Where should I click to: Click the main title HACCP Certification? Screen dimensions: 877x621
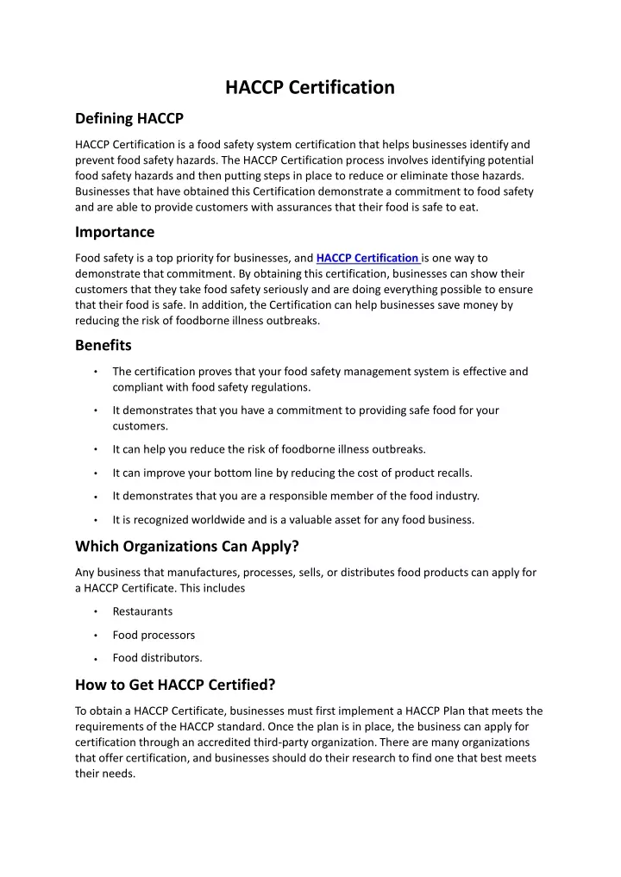310,87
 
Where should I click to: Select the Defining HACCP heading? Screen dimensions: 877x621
129,118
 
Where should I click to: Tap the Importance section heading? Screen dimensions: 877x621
115,231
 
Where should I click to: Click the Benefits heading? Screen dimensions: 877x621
103,345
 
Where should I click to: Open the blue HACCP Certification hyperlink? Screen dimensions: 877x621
368,258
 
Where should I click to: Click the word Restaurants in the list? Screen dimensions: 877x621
142,611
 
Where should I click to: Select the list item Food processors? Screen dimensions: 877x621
154,635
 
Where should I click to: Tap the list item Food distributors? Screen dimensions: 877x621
157,658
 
